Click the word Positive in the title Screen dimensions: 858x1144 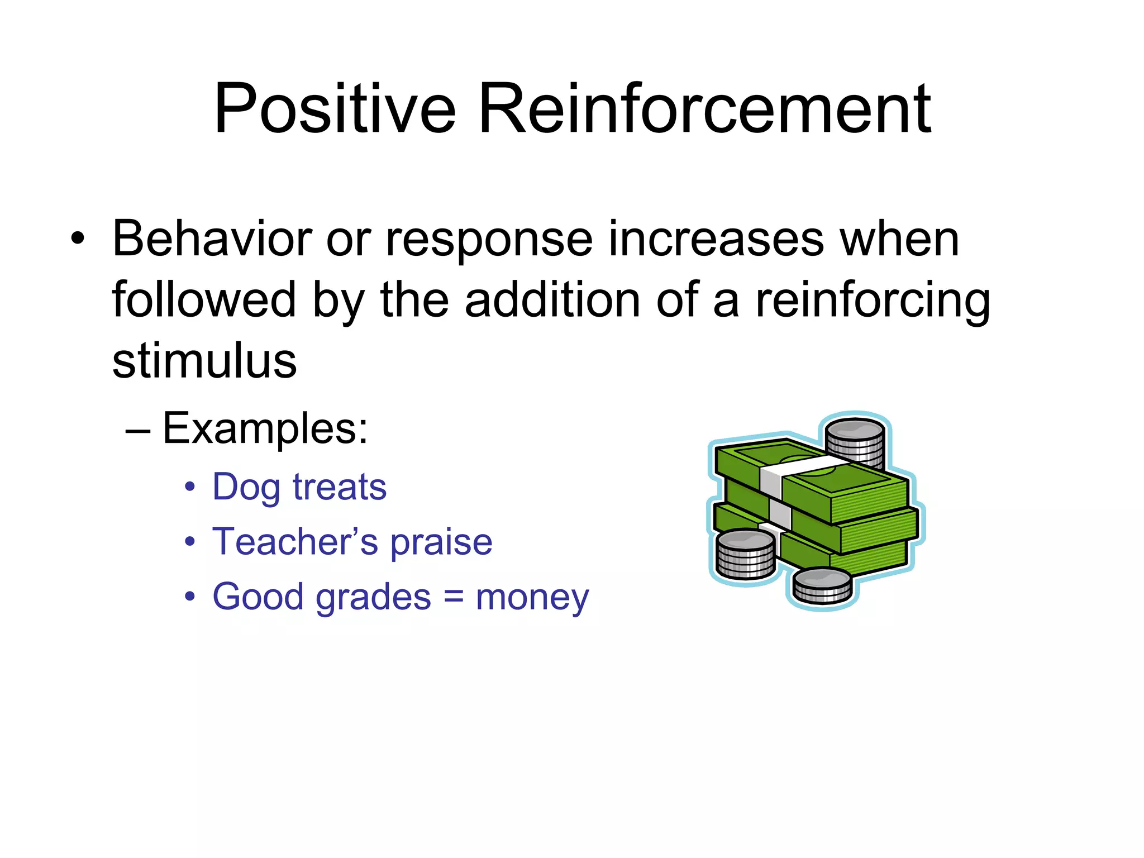pos(335,109)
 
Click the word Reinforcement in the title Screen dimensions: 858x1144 pos(705,109)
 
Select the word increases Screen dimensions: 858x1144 pos(716,239)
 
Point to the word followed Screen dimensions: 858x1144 pos(203,300)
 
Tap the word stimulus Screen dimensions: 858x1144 pos(204,361)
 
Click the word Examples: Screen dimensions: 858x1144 pos(265,429)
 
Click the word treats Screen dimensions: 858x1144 pos(340,487)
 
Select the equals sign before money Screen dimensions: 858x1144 pos(454,597)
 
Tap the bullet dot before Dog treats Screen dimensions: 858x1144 pos(190,487)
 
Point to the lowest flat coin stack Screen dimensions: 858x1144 pos(822,585)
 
